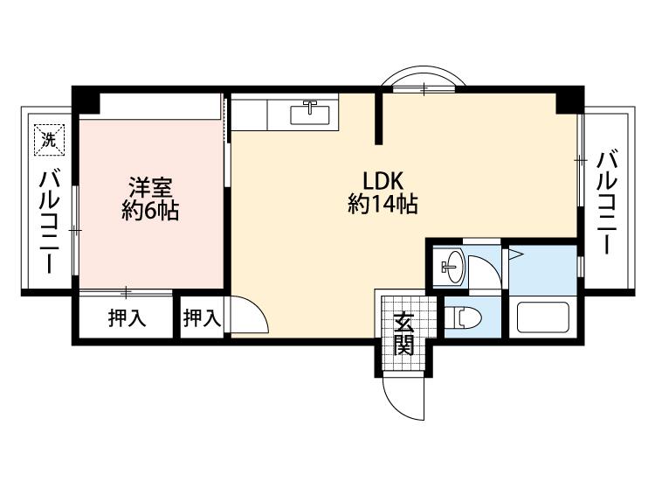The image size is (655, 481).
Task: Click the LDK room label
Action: coord(383,182)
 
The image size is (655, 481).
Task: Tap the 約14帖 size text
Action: coord(383,204)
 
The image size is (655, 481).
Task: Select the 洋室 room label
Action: coord(150,187)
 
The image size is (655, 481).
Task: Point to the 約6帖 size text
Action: coord(150,211)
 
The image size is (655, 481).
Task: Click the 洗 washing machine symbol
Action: coord(50,141)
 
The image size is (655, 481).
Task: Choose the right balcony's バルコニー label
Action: coord(607,203)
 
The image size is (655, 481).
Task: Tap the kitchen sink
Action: coord(310,113)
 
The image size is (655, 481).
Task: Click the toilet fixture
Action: coord(463,317)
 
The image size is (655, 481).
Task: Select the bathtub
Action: coord(543,317)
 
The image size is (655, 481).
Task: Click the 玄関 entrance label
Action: coord(404,333)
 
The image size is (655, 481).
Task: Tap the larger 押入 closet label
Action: coord(127,318)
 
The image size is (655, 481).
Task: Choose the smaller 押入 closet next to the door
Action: coord(202,318)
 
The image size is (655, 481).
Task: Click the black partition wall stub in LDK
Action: coord(378,119)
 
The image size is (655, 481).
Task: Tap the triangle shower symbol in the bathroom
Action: coord(515,254)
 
